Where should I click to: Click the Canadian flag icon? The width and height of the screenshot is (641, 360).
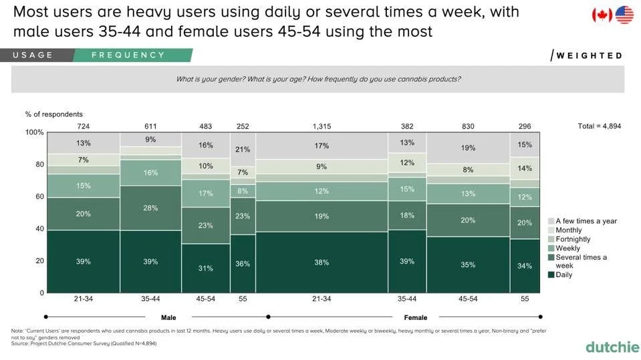point(602,15)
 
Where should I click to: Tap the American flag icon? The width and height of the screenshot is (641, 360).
point(624,15)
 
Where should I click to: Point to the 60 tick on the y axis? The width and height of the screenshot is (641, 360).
point(40,196)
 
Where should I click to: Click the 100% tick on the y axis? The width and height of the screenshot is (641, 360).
point(35,132)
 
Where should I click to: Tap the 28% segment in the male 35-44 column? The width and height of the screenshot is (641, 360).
point(150,208)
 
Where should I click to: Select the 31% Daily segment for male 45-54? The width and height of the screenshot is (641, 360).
point(206,268)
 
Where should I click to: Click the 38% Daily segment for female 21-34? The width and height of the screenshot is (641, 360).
point(322,262)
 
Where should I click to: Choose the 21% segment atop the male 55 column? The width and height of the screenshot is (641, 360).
point(243,150)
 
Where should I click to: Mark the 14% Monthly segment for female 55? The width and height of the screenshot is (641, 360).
point(525,168)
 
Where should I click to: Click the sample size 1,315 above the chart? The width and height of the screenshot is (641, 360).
point(322,126)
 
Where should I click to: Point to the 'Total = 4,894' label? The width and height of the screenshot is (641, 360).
point(600,126)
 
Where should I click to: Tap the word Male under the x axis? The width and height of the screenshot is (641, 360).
point(168,317)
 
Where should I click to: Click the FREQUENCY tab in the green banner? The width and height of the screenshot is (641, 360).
point(128,55)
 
